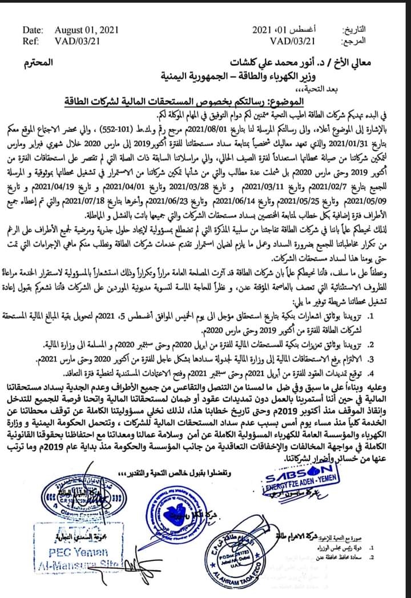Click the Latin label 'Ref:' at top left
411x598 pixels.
31,41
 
